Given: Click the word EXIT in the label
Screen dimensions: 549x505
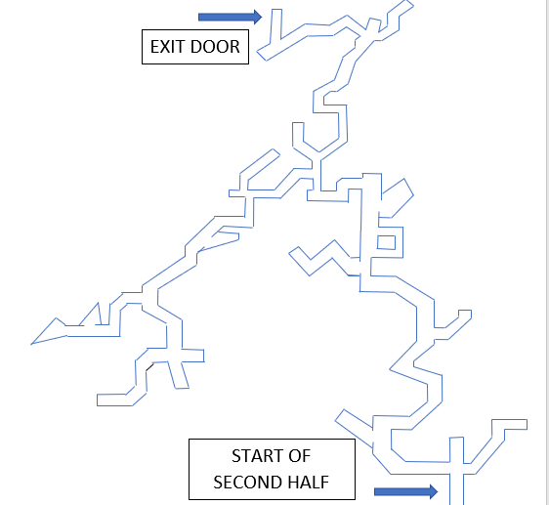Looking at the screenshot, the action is coord(167,47).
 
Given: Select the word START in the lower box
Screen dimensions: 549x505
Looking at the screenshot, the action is coord(253,456).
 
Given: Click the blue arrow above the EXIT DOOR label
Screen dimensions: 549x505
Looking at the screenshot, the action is coord(230,17).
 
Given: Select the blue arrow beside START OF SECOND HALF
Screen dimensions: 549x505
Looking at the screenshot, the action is coord(405,491).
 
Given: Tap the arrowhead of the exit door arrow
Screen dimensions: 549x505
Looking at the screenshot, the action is coord(258,17).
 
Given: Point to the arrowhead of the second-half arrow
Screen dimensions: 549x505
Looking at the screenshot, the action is coord(434,491).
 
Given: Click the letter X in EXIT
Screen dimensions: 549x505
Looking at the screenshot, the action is coord(165,47).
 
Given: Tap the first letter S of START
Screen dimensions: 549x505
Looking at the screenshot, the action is coord(236,456).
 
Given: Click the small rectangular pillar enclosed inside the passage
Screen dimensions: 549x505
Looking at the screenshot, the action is coord(386,242).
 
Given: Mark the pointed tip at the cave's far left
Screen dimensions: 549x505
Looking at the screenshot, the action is coord(31,344).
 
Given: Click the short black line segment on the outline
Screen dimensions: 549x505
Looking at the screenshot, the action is coord(149,367).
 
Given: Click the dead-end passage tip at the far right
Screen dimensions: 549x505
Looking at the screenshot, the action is coord(527,424).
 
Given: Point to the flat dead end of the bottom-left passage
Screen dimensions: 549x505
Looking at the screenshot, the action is coord(98,400).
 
